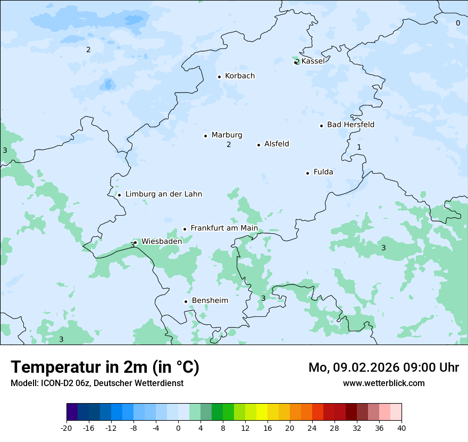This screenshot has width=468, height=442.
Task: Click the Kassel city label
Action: pyautogui.click(x=313, y=61)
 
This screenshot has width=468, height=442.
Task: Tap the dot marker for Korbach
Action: pyautogui.click(x=219, y=77)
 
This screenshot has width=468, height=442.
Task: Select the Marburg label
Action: pyautogui.click(x=227, y=135)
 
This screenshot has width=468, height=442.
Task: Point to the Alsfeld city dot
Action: pyautogui.click(x=259, y=145)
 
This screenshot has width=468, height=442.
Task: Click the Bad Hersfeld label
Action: pyautogui.click(x=350, y=125)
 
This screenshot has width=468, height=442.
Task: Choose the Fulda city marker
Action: pyautogui.click(x=307, y=173)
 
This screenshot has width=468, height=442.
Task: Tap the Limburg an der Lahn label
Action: pyautogui.click(x=164, y=194)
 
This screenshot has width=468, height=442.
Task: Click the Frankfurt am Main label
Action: pyautogui.click(x=224, y=228)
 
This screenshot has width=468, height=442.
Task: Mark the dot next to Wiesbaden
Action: pyautogui.click(x=136, y=242)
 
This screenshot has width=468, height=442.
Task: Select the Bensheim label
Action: pyautogui.click(x=210, y=301)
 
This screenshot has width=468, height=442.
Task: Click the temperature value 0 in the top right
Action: pyautogui.click(x=458, y=23)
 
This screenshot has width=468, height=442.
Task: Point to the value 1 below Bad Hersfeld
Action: pyautogui.click(x=359, y=147)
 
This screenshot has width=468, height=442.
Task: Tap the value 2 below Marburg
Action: pyautogui.click(x=229, y=145)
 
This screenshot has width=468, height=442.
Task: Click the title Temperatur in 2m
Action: pyautogui.click(x=105, y=367)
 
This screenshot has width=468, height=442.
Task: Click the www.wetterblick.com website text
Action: pyautogui.click(x=383, y=383)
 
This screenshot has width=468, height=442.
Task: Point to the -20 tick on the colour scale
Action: pyautogui.click(x=66, y=428)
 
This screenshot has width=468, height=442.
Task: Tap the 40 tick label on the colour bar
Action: pyautogui.click(x=401, y=428)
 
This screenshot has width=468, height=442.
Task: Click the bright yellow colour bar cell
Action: pyautogui.click(x=262, y=412)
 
